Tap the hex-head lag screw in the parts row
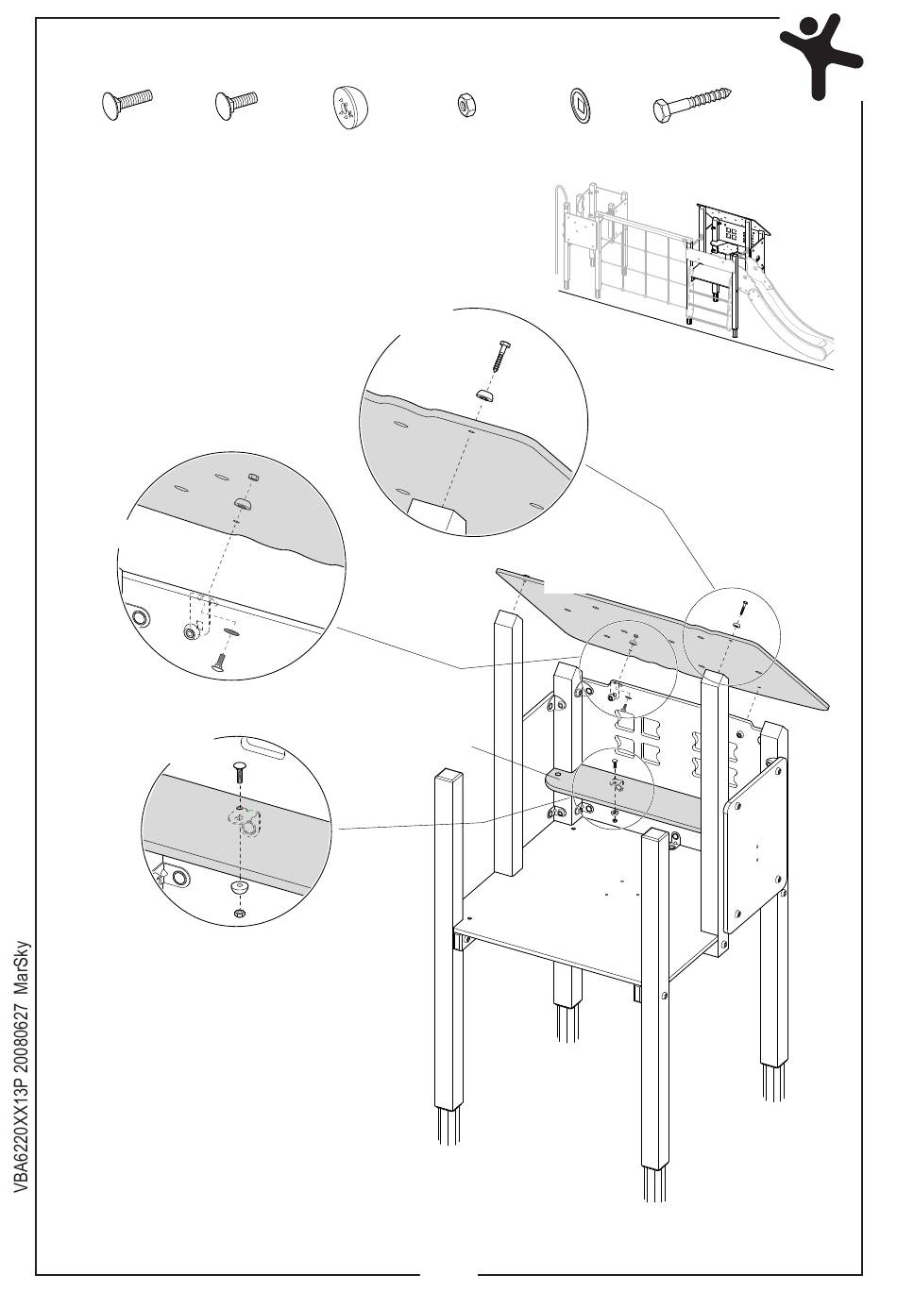(692, 104)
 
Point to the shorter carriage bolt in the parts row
(235, 102)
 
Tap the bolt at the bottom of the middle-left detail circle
(219, 662)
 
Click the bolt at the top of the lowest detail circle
(239, 773)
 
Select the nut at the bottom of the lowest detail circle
(239, 914)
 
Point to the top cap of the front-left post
(448, 779)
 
